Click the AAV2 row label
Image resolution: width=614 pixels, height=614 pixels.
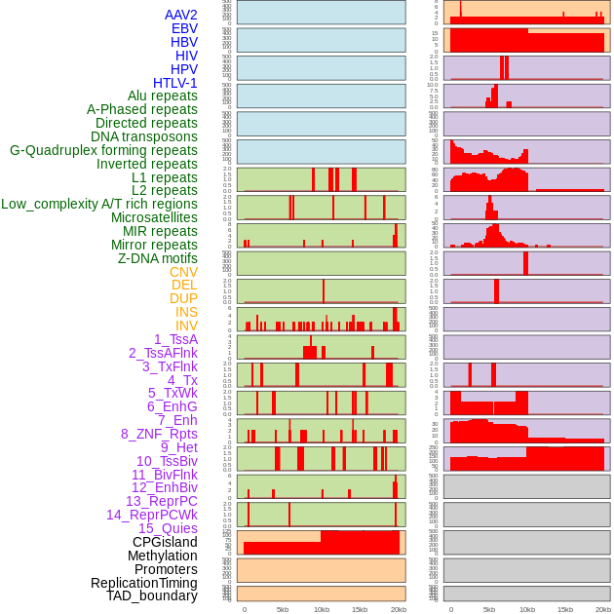(x=180, y=15)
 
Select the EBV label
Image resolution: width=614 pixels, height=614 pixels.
(x=183, y=28)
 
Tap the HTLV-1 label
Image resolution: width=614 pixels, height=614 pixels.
(x=174, y=83)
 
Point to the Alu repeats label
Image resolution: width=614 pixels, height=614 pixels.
(x=162, y=96)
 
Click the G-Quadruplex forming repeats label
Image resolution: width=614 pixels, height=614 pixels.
(x=103, y=150)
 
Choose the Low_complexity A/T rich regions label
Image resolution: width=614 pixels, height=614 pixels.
(x=99, y=204)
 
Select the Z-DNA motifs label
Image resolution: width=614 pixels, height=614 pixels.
(x=157, y=258)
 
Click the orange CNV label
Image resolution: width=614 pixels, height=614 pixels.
(x=183, y=272)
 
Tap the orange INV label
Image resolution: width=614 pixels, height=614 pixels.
(x=186, y=326)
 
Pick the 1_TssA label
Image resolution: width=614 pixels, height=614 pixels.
(x=175, y=339)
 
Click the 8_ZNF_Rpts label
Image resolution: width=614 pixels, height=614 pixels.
(x=159, y=434)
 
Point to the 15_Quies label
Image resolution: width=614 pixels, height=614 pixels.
(x=168, y=528)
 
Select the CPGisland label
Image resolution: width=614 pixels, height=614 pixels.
(x=165, y=542)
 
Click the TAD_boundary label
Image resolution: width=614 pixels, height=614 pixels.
(x=152, y=595)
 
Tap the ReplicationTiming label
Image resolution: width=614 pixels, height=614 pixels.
(x=143, y=583)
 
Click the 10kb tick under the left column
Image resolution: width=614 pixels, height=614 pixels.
(x=321, y=609)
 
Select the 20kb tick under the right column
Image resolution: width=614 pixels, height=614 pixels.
(x=603, y=609)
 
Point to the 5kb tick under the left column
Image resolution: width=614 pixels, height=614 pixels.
(x=283, y=609)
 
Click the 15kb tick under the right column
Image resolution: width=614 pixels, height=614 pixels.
(x=565, y=609)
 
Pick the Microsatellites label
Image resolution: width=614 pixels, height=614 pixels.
(x=154, y=217)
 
